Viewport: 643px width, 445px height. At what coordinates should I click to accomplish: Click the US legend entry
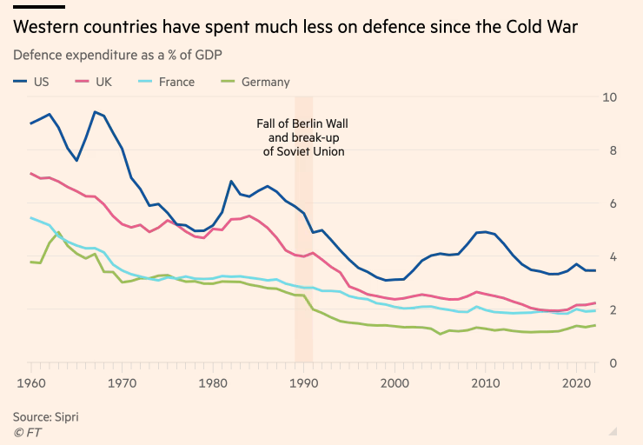tap(33, 83)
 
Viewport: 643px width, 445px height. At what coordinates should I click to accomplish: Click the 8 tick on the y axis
tap(613, 150)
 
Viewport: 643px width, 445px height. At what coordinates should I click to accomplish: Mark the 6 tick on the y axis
tap(613, 203)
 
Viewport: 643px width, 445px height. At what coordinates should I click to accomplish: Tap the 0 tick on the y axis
tap(613, 363)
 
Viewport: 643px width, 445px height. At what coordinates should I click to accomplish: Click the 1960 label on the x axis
tap(31, 383)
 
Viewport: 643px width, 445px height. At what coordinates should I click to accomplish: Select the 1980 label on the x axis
tap(213, 383)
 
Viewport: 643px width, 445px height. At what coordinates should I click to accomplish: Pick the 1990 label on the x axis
tap(304, 383)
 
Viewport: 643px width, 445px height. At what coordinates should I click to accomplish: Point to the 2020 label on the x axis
tap(576, 383)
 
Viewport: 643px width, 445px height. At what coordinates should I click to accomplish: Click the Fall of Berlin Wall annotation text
tap(303, 137)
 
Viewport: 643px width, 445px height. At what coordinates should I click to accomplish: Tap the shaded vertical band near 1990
tap(304, 261)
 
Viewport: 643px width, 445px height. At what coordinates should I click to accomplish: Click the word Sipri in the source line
tap(64, 417)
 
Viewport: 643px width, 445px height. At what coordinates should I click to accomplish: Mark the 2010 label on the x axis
tap(486, 383)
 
